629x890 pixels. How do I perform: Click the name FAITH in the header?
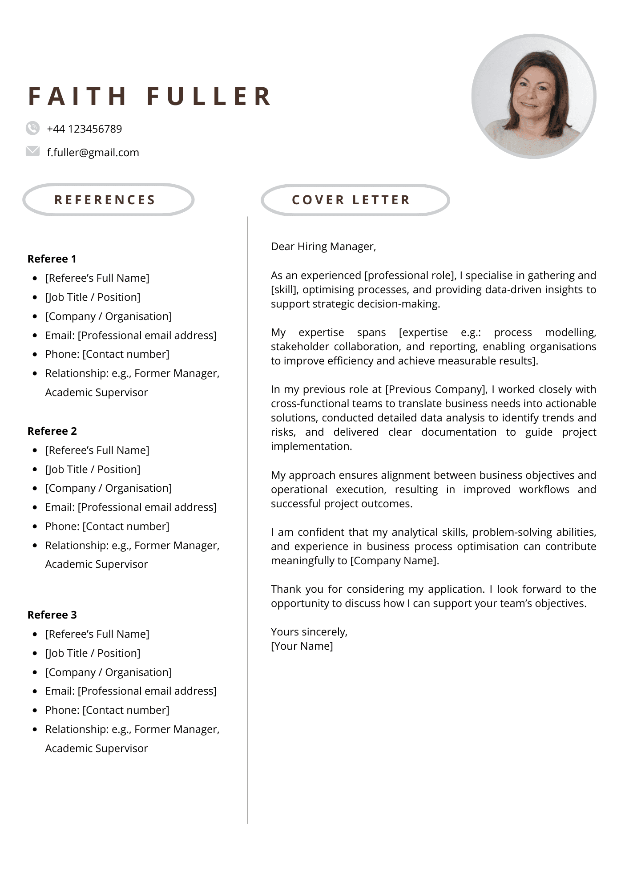coord(78,96)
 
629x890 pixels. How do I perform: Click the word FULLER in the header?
coord(209,96)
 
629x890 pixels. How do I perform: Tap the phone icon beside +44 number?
coord(32,128)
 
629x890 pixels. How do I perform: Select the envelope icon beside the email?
coord(32,151)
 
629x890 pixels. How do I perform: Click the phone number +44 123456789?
coord(84,129)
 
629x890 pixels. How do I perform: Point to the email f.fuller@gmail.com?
coord(93,153)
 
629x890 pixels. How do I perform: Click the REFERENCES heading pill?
coord(108,200)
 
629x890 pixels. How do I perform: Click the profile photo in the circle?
coord(533,96)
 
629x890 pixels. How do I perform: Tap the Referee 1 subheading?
coord(52,259)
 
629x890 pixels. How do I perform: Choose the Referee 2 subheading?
coord(52,431)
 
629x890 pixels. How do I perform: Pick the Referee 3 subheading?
coord(52,615)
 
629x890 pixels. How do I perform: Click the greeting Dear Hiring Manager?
coord(323,247)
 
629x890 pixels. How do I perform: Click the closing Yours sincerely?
coord(309,632)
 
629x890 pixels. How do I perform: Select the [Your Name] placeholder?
coord(302,646)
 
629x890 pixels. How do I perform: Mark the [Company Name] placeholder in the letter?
coord(394,561)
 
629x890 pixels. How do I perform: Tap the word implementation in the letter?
coord(311,446)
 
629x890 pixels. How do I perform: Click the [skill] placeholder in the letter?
coord(284,290)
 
